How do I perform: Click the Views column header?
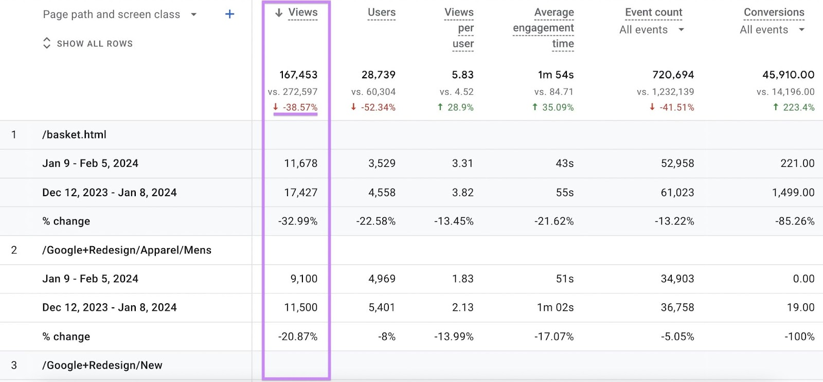pyautogui.click(x=302, y=12)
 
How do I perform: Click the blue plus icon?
pyautogui.click(x=229, y=14)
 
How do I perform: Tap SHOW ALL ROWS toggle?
pyautogui.click(x=88, y=44)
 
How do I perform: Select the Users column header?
pyautogui.click(x=381, y=12)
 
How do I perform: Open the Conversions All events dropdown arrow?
pyautogui.click(x=801, y=30)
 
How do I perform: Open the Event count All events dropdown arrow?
pyautogui.click(x=681, y=30)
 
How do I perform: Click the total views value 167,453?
pyautogui.click(x=298, y=75)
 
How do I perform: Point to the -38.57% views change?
pyautogui.click(x=299, y=107)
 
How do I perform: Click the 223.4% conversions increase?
pyautogui.click(x=798, y=107)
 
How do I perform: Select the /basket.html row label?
pyautogui.click(x=75, y=134)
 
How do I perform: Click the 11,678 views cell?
pyautogui.click(x=300, y=163)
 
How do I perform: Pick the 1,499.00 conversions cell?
pyautogui.click(x=793, y=193)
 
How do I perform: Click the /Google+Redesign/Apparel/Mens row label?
pyautogui.click(x=127, y=250)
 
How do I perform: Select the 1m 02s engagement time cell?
pyautogui.click(x=555, y=307)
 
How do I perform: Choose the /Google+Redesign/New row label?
pyautogui.click(x=102, y=366)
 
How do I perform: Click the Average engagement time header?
pyautogui.click(x=544, y=28)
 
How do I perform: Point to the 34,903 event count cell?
pyautogui.click(x=677, y=279)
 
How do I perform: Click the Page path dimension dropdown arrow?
pyautogui.click(x=194, y=14)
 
